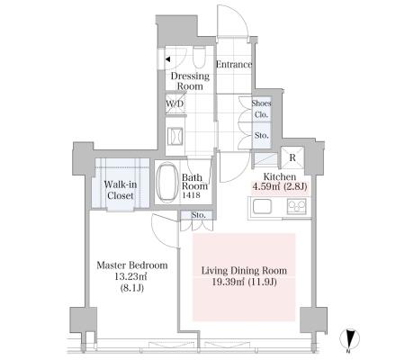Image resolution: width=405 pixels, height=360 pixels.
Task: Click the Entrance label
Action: [234, 65]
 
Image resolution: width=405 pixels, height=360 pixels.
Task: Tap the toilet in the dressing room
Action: [199, 57]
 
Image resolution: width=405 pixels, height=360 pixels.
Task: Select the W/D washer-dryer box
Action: [175, 103]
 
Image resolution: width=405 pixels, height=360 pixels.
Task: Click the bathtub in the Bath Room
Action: [167, 183]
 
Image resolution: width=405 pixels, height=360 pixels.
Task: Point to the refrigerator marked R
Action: [292, 157]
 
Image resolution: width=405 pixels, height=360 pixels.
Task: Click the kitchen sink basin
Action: [262, 207]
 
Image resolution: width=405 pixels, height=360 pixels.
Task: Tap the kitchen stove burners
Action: [297, 206]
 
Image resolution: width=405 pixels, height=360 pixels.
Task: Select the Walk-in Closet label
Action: [121, 190]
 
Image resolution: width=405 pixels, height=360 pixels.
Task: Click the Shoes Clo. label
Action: [261, 109]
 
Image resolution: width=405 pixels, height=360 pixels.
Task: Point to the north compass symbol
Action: [349, 339]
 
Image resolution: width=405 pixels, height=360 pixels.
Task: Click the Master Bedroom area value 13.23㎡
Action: [130, 276]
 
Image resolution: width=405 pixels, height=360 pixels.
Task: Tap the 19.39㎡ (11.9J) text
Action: [244, 282]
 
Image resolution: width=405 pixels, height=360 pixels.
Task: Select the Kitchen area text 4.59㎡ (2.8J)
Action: [280, 186]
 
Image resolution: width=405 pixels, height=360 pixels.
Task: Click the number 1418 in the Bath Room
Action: [191, 195]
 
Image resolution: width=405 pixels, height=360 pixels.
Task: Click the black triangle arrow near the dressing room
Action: [167, 59]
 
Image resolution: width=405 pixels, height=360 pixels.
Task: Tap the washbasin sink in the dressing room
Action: [175, 137]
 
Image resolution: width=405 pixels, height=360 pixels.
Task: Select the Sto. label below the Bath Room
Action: [198, 215]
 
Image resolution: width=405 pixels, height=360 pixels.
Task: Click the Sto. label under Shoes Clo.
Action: [261, 135]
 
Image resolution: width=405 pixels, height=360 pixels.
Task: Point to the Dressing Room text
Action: [190, 81]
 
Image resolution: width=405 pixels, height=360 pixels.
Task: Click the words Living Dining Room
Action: [244, 271]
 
